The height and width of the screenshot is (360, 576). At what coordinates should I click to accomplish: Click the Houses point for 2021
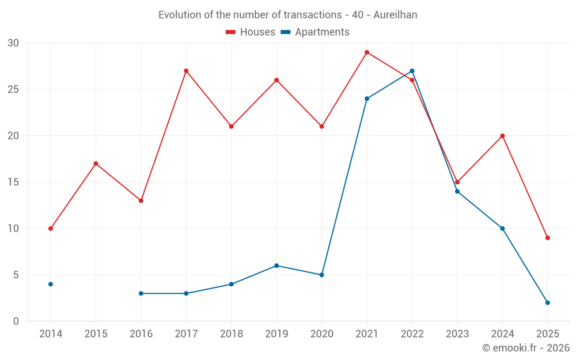[x=367, y=52]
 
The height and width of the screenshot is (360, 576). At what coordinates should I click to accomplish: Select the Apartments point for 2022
[x=412, y=71]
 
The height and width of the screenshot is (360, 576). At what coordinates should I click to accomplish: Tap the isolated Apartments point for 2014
[x=51, y=284]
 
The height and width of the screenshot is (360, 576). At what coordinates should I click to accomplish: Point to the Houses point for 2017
[x=186, y=71]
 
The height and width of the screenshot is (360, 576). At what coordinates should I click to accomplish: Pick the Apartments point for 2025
[x=547, y=302]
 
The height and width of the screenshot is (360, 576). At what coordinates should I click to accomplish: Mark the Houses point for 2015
[x=96, y=164]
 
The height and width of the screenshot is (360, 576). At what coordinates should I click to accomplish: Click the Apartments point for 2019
[x=276, y=266]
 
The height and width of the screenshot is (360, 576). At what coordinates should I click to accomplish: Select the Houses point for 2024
[x=502, y=136]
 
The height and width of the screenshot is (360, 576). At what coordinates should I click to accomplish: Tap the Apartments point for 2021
[x=367, y=98]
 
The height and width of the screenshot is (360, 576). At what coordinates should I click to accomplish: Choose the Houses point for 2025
[x=547, y=238]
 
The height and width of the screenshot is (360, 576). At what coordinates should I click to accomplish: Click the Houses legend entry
[x=251, y=32]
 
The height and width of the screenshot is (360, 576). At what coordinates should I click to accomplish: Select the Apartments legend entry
[x=315, y=32]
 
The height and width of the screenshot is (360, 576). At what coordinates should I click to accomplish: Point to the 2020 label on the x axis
[x=321, y=334]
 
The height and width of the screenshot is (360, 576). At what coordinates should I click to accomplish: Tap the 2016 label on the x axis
[x=141, y=334]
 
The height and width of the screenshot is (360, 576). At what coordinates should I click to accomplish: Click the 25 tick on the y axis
[x=13, y=90]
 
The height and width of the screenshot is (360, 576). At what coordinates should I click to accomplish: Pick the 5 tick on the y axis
[x=16, y=275]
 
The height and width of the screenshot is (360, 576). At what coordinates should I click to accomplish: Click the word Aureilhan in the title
[x=395, y=15]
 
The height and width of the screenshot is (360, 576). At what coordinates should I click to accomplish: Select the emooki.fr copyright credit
[x=526, y=348]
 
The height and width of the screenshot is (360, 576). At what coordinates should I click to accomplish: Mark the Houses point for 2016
[x=141, y=200]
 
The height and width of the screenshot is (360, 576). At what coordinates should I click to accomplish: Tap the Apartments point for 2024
[x=502, y=229]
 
